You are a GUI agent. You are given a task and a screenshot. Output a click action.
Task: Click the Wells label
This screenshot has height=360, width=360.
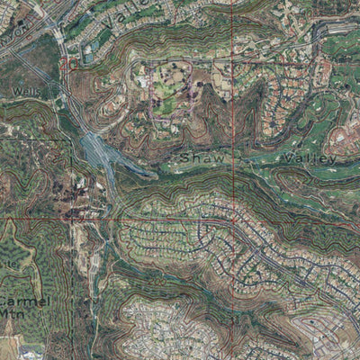(x=28, y=92)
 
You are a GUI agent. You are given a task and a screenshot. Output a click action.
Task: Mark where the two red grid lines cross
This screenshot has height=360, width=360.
(x=232, y=219)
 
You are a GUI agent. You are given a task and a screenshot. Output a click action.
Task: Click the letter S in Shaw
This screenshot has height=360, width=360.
(x=184, y=159)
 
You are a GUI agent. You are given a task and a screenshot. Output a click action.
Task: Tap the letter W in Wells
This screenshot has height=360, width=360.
(x=17, y=92)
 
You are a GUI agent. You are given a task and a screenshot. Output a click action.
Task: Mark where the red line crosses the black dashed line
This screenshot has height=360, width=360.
(x=72, y=218)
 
